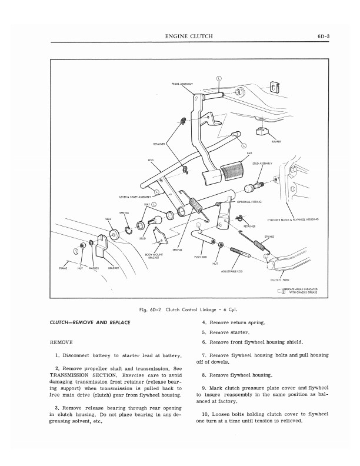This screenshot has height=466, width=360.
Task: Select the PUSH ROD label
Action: [199, 257]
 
